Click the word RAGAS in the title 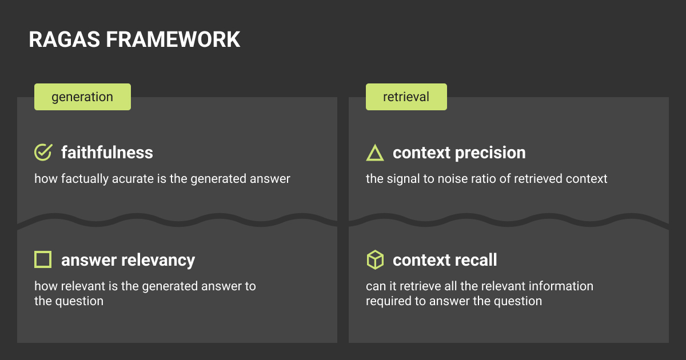point(64,39)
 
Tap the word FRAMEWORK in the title point(173,39)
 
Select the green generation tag point(82,97)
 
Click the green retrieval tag point(406,97)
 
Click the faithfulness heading point(107,153)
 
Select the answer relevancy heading point(128,261)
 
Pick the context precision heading point(459,153)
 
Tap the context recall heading point(445,260)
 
